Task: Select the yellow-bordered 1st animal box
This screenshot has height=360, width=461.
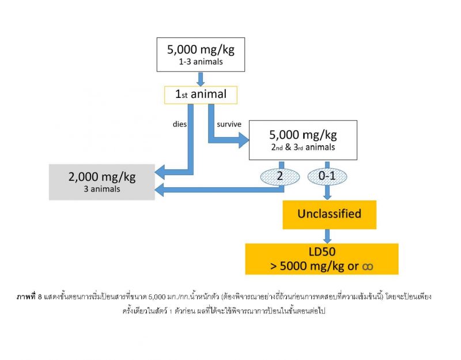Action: coord(201,94)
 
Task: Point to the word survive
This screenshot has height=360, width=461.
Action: coord(229,123)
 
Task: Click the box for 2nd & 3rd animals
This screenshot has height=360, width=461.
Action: coord(303,140)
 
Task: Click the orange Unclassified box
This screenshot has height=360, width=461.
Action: coord(329,214)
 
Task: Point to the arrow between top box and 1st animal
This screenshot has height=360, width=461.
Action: coord(201,78)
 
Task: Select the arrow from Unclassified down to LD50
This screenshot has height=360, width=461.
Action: coord(328,236)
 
